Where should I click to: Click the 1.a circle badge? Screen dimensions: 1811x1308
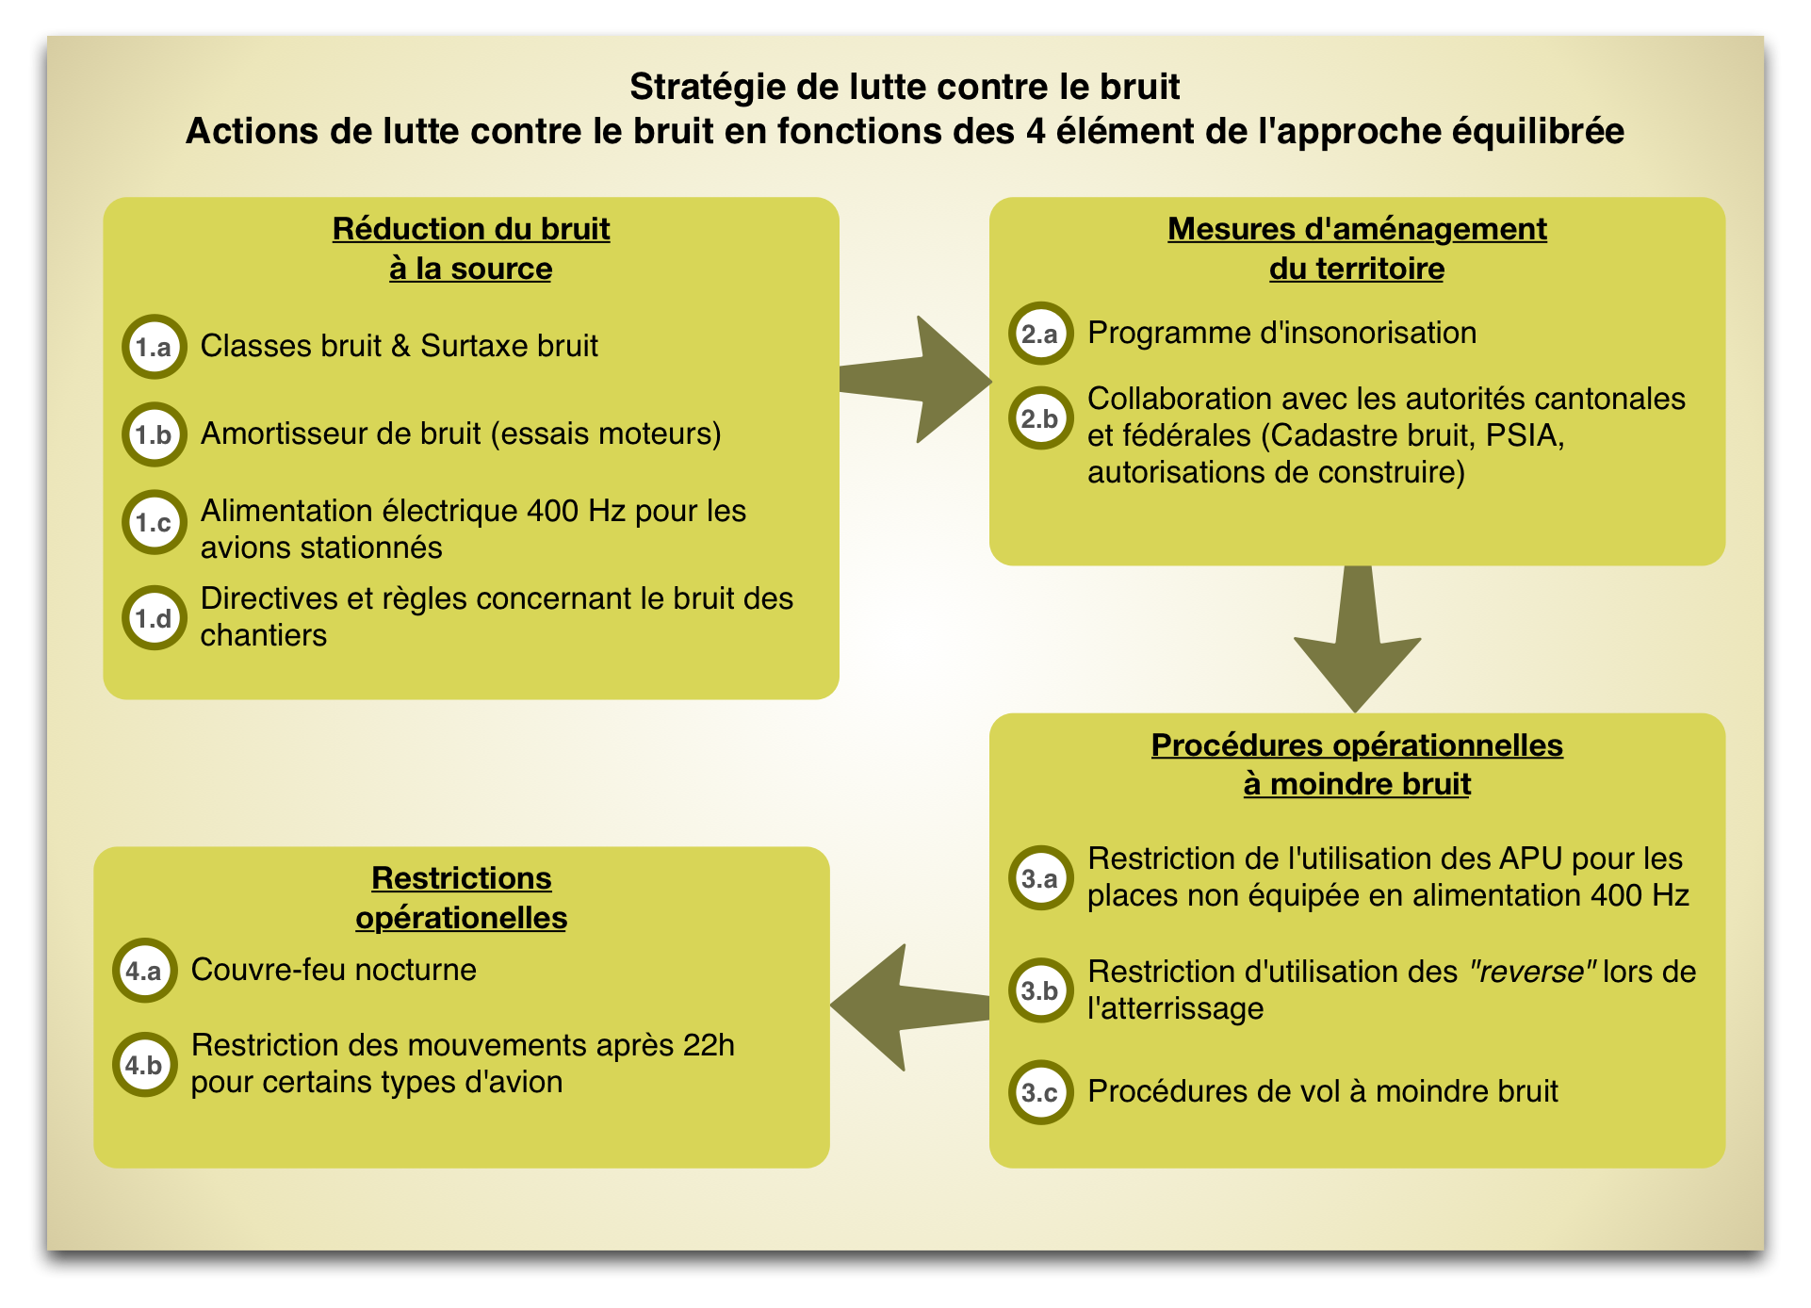point(154,347)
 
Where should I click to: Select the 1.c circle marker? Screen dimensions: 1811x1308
point(154,522)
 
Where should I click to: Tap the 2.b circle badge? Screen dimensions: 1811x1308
point(1040,418)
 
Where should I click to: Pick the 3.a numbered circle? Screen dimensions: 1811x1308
point(1040,878)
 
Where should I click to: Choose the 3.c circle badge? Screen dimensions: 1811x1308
point(1040,1092)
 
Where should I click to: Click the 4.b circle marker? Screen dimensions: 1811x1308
point(144,1065)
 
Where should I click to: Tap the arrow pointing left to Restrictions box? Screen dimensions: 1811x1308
point(910,1007)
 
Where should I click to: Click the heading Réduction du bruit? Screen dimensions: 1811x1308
point(471,229)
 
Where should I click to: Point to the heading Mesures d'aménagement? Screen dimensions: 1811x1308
point(1357,229)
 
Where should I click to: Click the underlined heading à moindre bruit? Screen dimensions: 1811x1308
point(1357,784)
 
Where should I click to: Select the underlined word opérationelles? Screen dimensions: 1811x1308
point(462,918)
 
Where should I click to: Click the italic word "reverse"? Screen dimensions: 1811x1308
point(1533,971)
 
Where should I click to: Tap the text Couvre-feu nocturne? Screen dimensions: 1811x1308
point(334,970)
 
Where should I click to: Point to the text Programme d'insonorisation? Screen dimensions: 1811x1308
point(1281,333)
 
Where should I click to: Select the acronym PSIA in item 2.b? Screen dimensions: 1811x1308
point(1521,435)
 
